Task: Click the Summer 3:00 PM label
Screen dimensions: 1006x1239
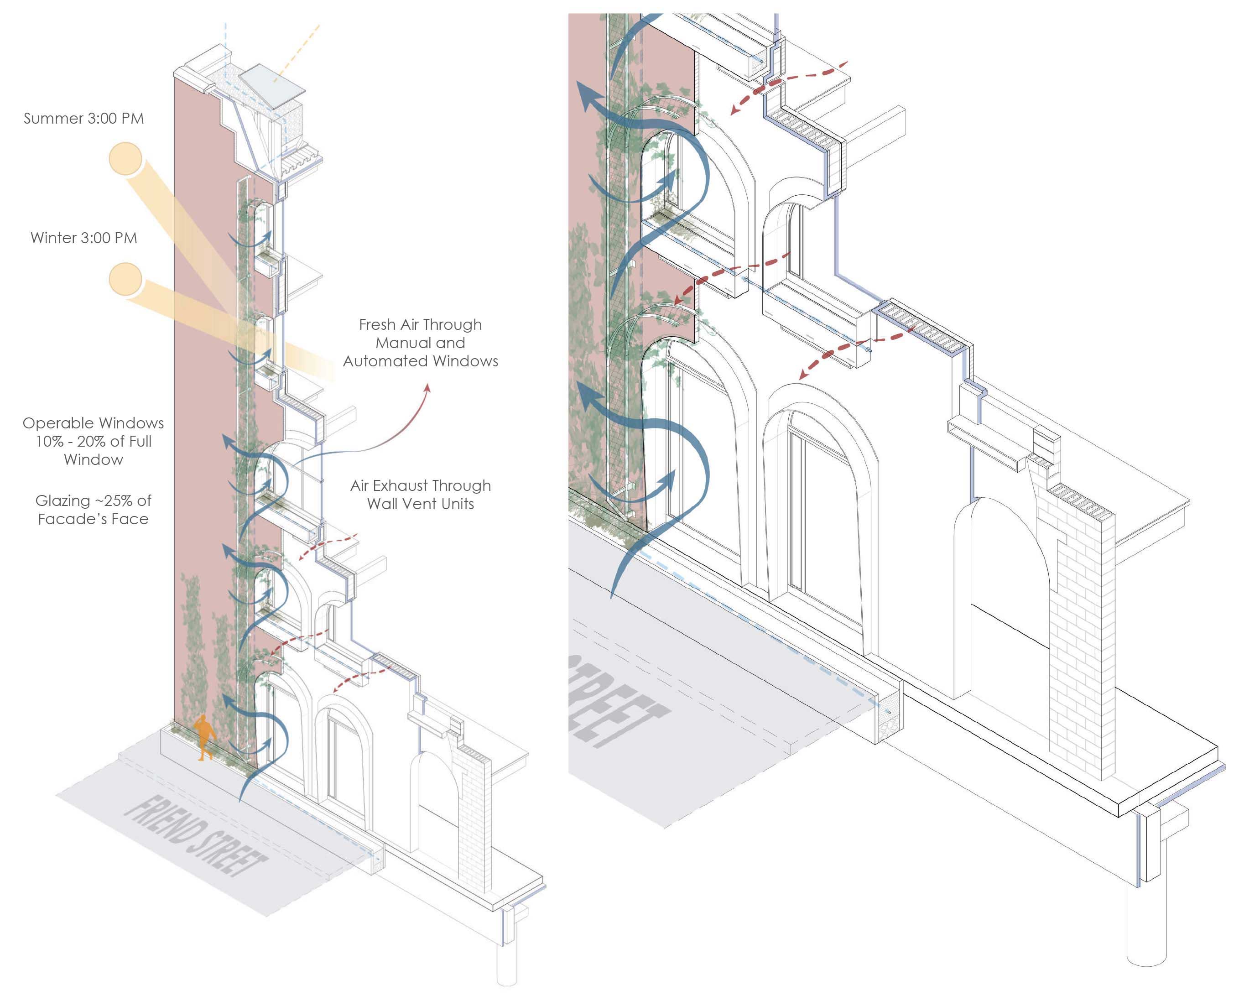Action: (x=83, y=119)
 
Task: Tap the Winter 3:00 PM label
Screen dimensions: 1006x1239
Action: (x=83, y=238)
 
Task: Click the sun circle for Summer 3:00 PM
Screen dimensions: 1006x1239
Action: (x=125, y=159)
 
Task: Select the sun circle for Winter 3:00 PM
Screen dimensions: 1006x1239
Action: (x=125, y=279)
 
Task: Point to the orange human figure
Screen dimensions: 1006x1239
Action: (x=204, y=736)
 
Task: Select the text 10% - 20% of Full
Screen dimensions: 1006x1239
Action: (x=94, y=442)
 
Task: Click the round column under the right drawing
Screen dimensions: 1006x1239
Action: (x=1145, y=927)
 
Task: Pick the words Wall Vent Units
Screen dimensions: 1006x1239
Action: (x=420, y=504)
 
